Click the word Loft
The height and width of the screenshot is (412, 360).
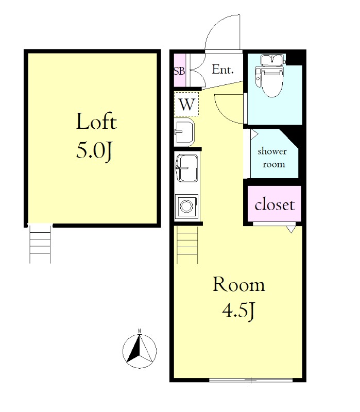[x=96, y=122]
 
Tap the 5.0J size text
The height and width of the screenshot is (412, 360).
[x=95, y=150]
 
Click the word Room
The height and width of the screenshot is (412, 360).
[x=238, y=284]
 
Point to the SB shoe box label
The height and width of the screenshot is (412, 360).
[x=179, y=71]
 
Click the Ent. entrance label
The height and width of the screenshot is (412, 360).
[x=222, y=70]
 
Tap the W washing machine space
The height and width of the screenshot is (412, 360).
[x=187, y=105]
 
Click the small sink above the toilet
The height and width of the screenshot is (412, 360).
[x=273, y=60]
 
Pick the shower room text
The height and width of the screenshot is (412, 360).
[x=272, y=158]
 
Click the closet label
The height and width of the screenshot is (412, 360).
[x=275, y=204]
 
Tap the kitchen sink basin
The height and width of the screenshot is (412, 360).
[x=187, y=168]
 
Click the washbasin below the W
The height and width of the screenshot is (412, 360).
[x=184, y=132]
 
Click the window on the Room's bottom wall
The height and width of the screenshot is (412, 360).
[x=251, y=380]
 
